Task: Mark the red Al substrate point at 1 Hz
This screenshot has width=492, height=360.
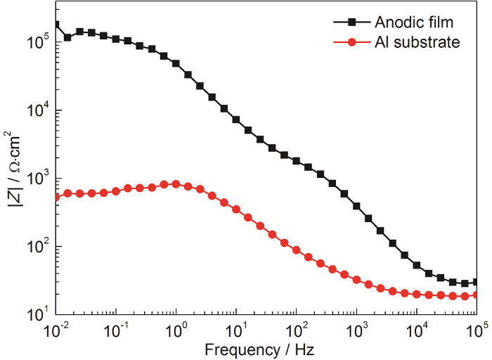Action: [176, 184]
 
